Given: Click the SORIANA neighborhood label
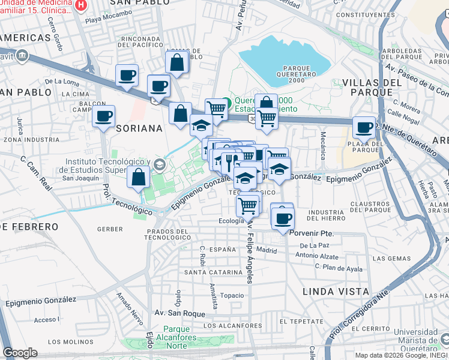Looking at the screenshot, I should pyautogui.click(x=140, y=128).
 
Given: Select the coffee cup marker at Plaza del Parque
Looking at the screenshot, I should pyautogui.click(x=364, y=127).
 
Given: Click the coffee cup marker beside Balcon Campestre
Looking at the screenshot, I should pyautogui.click(x=104, y=115).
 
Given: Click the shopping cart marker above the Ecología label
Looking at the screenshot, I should pyautogui.click(x=248, y=206).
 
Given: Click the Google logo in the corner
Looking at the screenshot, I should pyautogui.click(x=20, y=353).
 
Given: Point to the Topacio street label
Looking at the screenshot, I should pyautogui.click(x=232, y=295).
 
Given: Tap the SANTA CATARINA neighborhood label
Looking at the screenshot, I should pyautogui.click(x=208, y=272).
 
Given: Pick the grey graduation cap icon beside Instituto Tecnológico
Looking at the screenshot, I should pyautogui.click(x=159, y=164).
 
